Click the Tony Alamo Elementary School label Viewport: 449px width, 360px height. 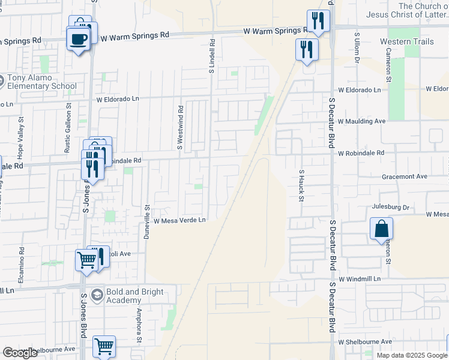(42, 82)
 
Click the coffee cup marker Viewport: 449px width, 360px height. (79, 40)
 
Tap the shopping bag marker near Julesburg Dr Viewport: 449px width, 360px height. (381, 229)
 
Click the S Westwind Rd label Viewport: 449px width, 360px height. (179, 128)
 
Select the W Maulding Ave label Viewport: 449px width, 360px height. (361, 121)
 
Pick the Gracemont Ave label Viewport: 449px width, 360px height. (405, 177)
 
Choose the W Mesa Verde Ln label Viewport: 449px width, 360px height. (179, 220)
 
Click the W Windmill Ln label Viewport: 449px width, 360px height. (360, 280)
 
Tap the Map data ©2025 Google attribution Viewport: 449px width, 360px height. (411, 355)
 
